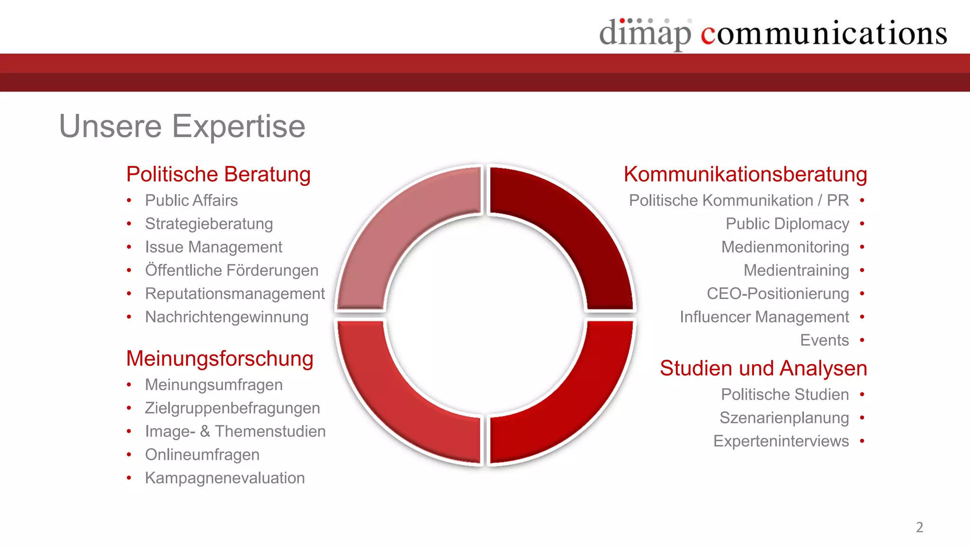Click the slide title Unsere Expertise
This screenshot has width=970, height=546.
click(x=182, y=126)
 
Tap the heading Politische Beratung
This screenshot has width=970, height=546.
click(x=218, y=174)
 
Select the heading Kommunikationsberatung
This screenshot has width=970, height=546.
click(x=745, y=174)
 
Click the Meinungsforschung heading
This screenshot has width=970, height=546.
click(x=220, y=359)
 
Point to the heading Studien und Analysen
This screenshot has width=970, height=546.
click(x=763, y=368)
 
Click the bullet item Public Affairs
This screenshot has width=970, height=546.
click(x=191, y=200)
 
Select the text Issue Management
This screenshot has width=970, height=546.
click(x=213, y=247)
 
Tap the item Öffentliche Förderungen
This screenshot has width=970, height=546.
click(x=232, y=270)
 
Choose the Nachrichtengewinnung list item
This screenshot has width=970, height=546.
click(x=226, y=317)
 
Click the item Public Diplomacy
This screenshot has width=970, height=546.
click(x=787, y=224)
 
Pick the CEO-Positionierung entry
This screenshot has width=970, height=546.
click(x=778, y=293)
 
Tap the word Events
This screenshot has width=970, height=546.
click(x=824, y=340)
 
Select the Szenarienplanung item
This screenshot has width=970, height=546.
click(x=784, y=418)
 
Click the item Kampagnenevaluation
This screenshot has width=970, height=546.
click(x=225, y=478)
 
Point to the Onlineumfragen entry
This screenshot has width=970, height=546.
click(x=202, y=455)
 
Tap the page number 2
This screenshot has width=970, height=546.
click(x=919, y=527)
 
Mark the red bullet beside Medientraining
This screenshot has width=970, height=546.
click(x=862, y=270)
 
